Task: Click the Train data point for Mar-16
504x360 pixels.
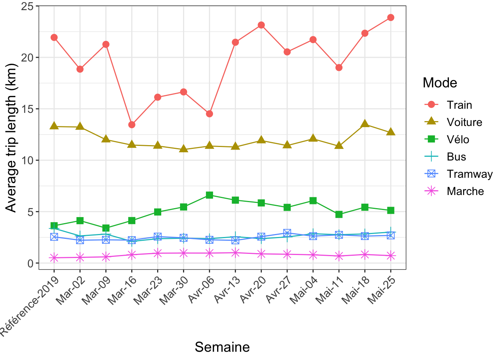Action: click(132, 124)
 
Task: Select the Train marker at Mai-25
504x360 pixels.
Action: click(391, 17)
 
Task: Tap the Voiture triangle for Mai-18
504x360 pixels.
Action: click(365, 123)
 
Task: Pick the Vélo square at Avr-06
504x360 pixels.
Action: click(210, 195)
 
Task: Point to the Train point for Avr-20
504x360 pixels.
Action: click(261, 25)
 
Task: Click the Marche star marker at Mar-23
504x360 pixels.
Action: click(158, 253)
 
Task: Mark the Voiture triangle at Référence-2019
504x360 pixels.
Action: click(54, 126)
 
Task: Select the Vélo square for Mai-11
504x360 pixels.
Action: click(339, 214)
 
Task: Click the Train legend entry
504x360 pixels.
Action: click(459, 105)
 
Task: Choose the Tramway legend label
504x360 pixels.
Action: click(470, 174)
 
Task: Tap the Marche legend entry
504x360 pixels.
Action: click(465, 191)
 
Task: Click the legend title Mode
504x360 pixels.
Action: click(440, 82)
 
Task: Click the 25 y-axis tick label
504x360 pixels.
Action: click(27, 6)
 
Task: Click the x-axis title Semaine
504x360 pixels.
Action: click(222, 347)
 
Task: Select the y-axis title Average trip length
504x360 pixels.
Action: click(11, 138)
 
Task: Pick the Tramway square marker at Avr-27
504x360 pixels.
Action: click(287, 233)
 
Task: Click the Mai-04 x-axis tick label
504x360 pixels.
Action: click(304, 291)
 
